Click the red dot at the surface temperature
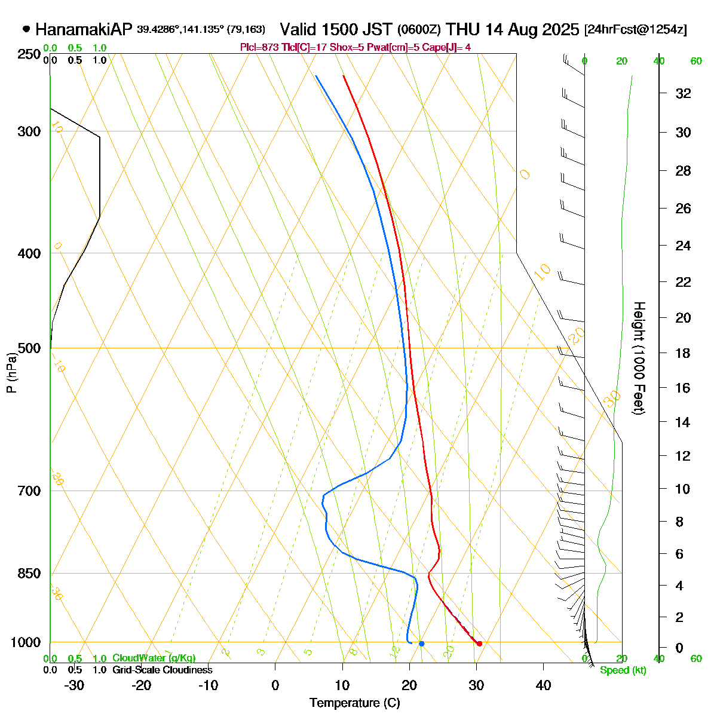pyautogui.click(x=479, y=644)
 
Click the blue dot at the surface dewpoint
pyautogui.click(x=421, y=644)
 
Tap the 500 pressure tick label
pyautogui.click(x=30, y=348)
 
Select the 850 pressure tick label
pyautogui.click(x=30, y=574)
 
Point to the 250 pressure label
pyautogui.click(x=30, y=54)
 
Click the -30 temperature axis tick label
pyautogui.click(x=73, y=685)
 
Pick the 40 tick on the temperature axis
pyautogui.click(x=543, y=685)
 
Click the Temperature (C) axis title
pyautogui.click(x=355, y=703)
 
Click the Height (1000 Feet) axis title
pyautogui.click(x=639, y=358)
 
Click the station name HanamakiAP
pyautogui.click(x=83, y=29)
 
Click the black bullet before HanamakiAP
pyautogui.click(x=26, y=29)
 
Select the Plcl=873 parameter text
pyautogui.click(x=258, y=47)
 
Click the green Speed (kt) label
pyautogui.click(x=623, y=670)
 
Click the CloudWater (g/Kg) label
pyautogui.click(x=154, y=658)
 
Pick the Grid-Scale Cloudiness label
pyautogui.click(x=162, y=670)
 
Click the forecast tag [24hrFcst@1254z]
pyautogui.click(x=636, y=30)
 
